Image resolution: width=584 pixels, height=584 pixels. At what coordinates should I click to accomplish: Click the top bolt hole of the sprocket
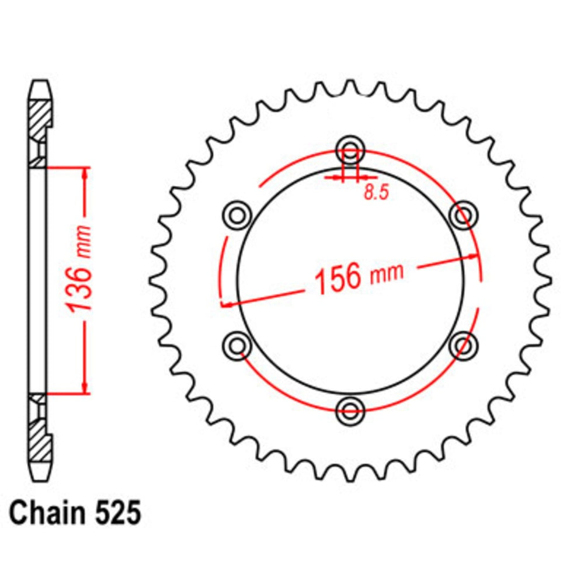(350, 147)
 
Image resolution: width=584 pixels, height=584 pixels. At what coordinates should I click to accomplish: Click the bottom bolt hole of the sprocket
(350, 410)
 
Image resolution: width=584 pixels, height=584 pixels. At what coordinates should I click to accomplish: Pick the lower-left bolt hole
(237, 345)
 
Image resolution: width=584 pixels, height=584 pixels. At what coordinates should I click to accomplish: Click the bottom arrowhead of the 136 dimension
(86, 388)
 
